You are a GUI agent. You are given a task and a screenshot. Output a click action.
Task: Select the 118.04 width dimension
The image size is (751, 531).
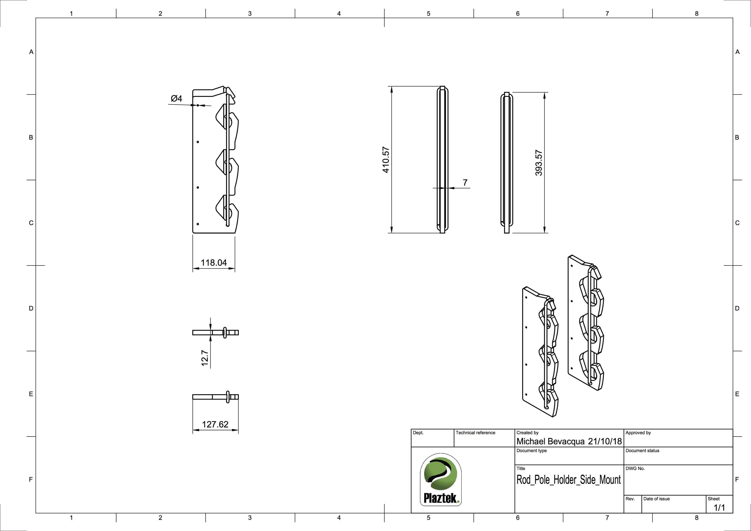click(x=214, y=262)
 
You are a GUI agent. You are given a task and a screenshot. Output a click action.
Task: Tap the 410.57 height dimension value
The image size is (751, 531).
click(x=386, y=160)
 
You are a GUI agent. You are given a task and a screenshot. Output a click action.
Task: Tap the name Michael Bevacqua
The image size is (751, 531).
click(x=550, y=441)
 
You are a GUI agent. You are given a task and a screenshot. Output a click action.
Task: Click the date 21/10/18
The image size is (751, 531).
click(x=605, y=441)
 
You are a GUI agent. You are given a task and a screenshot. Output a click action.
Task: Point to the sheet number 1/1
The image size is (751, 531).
click(x=719, y=507)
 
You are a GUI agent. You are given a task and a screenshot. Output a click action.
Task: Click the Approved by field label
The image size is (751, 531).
click(x=638, y=433)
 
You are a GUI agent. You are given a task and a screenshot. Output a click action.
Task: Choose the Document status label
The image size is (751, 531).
click(x=642, y=451)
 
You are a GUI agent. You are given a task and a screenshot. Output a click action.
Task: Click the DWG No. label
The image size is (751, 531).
click(x=635, y=468)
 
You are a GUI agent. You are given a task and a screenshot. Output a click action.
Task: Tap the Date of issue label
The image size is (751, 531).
click(x=656, y=499)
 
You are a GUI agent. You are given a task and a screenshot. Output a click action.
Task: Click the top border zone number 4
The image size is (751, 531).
click(x=339, y=13)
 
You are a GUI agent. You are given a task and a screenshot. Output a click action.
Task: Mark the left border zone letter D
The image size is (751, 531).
click(x=31, y=308)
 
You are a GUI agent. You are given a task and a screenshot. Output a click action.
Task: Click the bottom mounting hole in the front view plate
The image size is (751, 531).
click(x=198, y=224)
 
